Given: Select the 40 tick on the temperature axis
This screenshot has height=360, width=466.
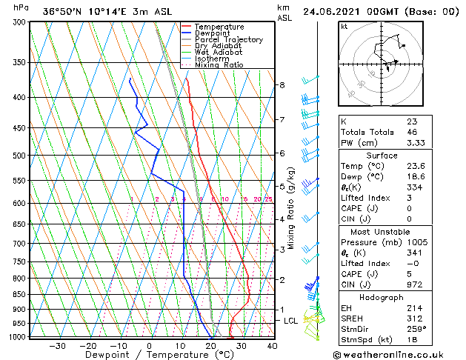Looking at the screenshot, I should (271, 345).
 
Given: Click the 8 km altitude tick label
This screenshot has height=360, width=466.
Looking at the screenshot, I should (282, 85).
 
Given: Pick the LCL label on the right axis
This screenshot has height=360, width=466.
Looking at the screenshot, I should (291, 321).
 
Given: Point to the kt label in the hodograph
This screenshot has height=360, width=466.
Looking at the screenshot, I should (344, 26).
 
